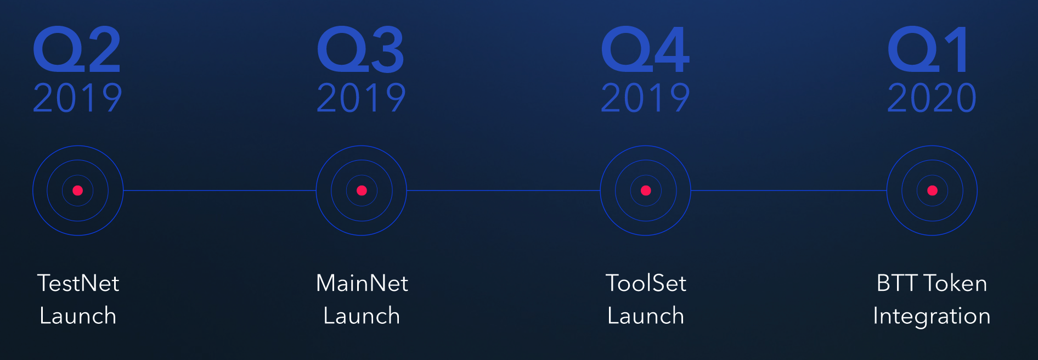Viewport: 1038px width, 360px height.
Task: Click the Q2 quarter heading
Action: (77, 49)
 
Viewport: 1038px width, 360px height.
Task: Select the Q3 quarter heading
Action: (361, 49)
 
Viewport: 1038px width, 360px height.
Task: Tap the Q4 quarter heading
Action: (645, 49)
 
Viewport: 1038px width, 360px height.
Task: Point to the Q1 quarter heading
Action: (928, 49)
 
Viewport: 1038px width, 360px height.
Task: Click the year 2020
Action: (932, 98)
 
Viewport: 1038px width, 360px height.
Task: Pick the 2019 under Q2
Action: (77, 98)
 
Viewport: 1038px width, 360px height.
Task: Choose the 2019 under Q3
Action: (362, 98)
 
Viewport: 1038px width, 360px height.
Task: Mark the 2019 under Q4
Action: (645, 98)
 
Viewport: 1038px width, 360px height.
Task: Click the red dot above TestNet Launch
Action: (77, 190)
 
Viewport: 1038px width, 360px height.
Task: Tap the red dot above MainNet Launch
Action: (362, 190)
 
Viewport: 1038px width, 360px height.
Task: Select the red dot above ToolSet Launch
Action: (646, 190)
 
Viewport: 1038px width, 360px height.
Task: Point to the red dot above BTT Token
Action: (932, 190)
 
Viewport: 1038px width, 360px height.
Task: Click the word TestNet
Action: (78, 283)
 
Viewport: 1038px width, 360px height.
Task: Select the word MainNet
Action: (362, 283)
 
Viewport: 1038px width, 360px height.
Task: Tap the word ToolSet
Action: (646, 283)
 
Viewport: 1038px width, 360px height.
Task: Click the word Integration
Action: (932, 317)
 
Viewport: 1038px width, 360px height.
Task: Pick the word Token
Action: (956, 283)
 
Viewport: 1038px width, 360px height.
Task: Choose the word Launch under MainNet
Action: (362, 316)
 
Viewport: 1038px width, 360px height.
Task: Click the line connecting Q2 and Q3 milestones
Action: (219, 190)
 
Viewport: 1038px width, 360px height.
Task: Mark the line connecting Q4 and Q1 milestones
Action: (789, 190)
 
